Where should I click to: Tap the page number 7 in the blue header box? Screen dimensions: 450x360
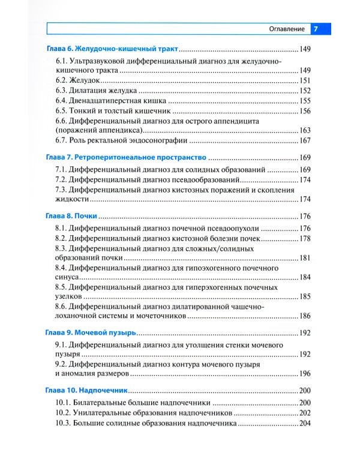point(316,29)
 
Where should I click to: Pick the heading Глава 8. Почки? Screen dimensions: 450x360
point(71,216)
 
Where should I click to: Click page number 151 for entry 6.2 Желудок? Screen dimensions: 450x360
point(306,80)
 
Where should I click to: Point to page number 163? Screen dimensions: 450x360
point(306,130)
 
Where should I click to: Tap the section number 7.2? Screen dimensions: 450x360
point(61,180)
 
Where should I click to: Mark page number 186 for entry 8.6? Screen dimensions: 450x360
point(306,316)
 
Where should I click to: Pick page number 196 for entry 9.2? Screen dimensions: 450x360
point(306,374)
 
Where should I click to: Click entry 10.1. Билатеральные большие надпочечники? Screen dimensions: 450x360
point(132,403)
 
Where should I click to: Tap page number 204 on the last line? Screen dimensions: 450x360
point(306,423)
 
